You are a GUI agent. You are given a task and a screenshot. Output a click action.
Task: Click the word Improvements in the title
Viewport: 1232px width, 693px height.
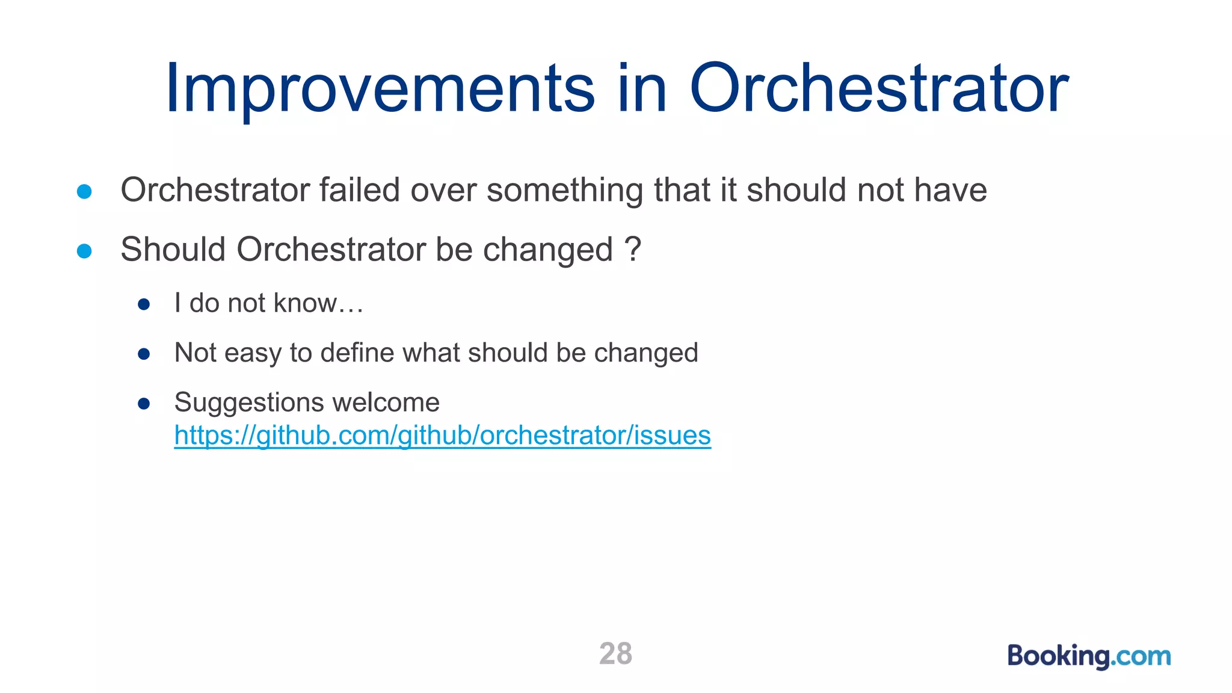[x=380, y=89]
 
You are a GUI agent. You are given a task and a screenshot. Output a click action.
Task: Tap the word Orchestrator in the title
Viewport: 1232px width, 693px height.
[x=878, y=89]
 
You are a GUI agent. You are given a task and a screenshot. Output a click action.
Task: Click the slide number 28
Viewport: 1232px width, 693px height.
[x=615, y=654]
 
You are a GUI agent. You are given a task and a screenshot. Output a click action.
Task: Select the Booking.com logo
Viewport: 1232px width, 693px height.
[x=1089, y=656]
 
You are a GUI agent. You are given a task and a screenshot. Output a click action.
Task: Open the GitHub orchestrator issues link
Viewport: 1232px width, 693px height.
[x=442, y=436]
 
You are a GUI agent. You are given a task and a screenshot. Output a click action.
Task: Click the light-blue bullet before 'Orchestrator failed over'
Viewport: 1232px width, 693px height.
[x=84, y=191]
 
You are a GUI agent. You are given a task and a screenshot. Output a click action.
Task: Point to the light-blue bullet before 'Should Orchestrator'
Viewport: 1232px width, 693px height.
[x=84, y=251]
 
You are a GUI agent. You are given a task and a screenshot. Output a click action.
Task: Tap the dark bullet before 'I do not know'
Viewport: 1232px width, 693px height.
[x=143, y=304]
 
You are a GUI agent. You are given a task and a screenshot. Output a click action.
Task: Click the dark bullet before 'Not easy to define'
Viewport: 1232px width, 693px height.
[x=143, y=354]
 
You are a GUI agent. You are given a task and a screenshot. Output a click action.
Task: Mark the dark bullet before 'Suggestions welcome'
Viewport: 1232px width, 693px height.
[x=143, y=403]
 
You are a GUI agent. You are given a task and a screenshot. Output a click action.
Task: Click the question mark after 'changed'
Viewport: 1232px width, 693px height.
[x=633, y=249]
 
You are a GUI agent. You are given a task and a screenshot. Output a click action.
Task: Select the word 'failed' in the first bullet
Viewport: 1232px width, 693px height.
[x=359, y=190]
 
